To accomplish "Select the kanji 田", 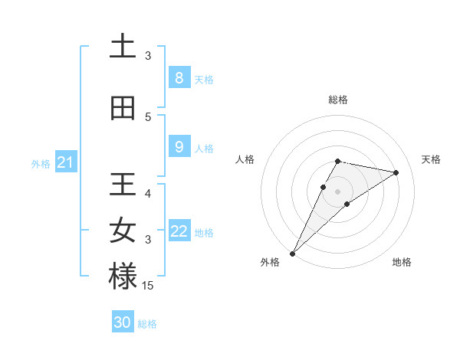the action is tap(123, 109).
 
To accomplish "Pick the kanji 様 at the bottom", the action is tap(123, 277).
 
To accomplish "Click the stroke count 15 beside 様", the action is tap(148, 286).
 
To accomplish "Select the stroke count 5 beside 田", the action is tap(148, 117).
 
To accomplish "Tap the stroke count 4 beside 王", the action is tap(148, 194).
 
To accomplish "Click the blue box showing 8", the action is tap(179, 78).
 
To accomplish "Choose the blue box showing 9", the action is tap(179, 147).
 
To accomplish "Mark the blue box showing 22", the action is tap(179, 231).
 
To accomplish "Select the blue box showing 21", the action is tap(65, 162).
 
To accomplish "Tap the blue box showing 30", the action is tap(123, 322).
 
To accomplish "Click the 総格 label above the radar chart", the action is tap(338, 100).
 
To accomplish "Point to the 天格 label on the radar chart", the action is tap(431, 159).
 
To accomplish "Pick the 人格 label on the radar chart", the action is tap(245, 159).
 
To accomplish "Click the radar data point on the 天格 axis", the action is tap(396, 172).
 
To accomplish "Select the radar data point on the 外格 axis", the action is tap(292, 253).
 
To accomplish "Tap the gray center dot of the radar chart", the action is tap(338, 191).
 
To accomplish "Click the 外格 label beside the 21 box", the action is tap(41, 163).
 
